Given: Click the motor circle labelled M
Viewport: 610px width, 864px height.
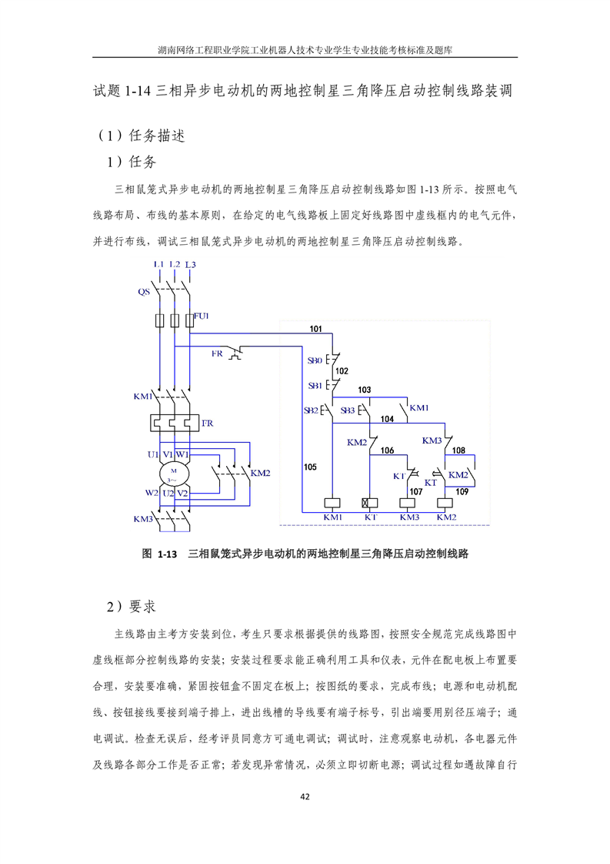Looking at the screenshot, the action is click(x=174, y=474).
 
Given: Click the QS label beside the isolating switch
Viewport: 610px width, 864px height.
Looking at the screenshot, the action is click(x=144, y=292).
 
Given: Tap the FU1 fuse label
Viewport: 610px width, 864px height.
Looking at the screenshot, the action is click(x=202, y=316).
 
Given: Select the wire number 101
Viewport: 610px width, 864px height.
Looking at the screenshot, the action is click(x=315, y=329).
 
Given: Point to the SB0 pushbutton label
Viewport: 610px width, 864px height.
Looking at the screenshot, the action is click(x=315, y=360).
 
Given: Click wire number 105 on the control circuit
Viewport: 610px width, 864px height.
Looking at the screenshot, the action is click(x=311, y=467).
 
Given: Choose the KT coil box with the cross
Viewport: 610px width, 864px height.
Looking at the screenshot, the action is click(x=370, y=503).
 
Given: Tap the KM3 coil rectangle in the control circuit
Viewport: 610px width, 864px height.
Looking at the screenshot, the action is click(x=408, y=503).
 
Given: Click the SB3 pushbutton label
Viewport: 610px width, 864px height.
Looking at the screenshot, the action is click(x=348, y=410).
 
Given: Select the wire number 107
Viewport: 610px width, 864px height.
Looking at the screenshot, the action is click(x=416, y=491).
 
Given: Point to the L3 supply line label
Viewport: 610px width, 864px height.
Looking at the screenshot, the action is click(x=191, y=264).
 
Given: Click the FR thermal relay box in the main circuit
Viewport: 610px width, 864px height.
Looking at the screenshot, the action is click(x=174, y=423).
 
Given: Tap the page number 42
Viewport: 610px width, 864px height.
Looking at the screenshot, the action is click(x=305, y=796).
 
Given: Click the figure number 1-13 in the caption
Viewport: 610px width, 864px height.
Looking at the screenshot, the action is click(x=168, y=554).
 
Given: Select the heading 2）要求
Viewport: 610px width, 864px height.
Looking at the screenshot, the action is click(x=131, y=607).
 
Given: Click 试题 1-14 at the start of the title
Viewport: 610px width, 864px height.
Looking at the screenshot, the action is click(x=122, y=90).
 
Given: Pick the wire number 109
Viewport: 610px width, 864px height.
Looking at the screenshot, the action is click(x=462, y=491).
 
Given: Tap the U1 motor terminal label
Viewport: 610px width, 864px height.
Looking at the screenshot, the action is click(x=153, y=454).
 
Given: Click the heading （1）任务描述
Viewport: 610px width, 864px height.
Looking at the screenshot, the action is click(x=141, y=136).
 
